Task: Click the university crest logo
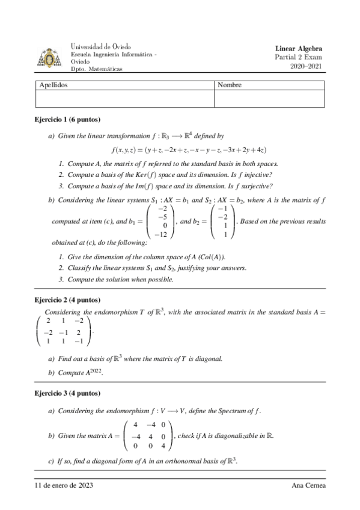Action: click(x=49, y=58)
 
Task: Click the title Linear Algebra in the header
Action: click(x=299, y=48)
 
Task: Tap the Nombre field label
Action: click(x=230, y=85)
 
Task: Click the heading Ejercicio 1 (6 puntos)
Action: click(x=67, y=119)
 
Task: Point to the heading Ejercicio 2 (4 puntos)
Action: click(x=67, y=300)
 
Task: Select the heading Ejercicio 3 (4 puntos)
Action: click(x=67, y=393)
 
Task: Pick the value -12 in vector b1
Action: click(x=160, y=234)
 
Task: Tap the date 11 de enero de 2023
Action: click(x=64, y=485)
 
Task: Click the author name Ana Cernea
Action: click(x=307, y=485)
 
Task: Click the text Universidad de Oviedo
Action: click(x=100, y=46)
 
